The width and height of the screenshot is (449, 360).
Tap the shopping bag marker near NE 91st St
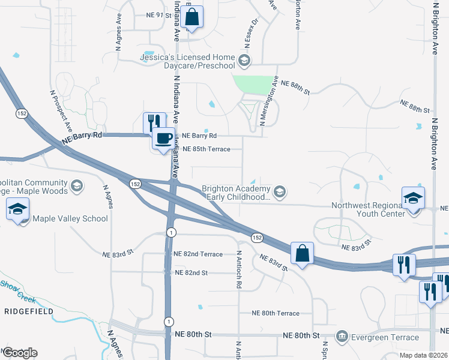point(191,19)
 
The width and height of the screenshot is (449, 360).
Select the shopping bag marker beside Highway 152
point(302,254)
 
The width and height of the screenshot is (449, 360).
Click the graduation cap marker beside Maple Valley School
point(18,211)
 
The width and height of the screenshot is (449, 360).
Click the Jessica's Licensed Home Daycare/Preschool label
point(187,61)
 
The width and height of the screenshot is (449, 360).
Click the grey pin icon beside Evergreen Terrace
point(342,335)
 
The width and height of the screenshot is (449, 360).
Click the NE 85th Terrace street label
point(206,149)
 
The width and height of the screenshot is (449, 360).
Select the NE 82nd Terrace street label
point(198,254)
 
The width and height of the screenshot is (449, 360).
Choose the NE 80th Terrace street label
point(276,313)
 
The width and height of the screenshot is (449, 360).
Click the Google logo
point(20,353)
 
